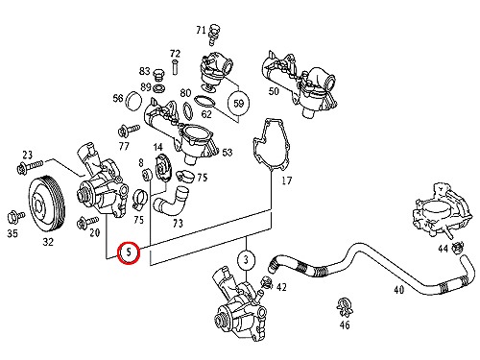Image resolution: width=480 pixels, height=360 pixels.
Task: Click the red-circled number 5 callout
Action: point(129,252)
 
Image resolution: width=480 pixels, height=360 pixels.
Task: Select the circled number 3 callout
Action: point(246,259)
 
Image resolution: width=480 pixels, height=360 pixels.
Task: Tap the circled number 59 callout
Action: point(238,103)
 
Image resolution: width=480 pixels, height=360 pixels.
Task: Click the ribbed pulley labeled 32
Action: point(47,203)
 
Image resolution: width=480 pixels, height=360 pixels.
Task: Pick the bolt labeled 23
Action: point(30,166)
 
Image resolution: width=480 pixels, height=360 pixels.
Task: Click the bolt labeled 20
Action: point(87,222)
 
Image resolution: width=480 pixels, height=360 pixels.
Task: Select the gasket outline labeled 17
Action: point(272,143)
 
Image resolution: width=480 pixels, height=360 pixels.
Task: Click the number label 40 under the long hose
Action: point(398,290)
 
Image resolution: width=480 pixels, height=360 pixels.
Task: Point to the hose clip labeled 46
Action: point(345,306)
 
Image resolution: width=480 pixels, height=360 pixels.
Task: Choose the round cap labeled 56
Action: point(133,101)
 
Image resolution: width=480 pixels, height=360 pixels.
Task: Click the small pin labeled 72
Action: point(175,67)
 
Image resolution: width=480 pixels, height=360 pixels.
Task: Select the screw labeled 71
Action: point(213,34)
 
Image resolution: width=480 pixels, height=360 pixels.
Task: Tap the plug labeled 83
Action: point(159,76)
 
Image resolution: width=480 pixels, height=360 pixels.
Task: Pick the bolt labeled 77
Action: point(129,131)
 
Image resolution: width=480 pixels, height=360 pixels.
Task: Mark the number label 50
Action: point(274,91)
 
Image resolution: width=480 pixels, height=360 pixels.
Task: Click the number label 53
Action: point(227,153)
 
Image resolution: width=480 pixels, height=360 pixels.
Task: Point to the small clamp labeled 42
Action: point(266,282)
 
